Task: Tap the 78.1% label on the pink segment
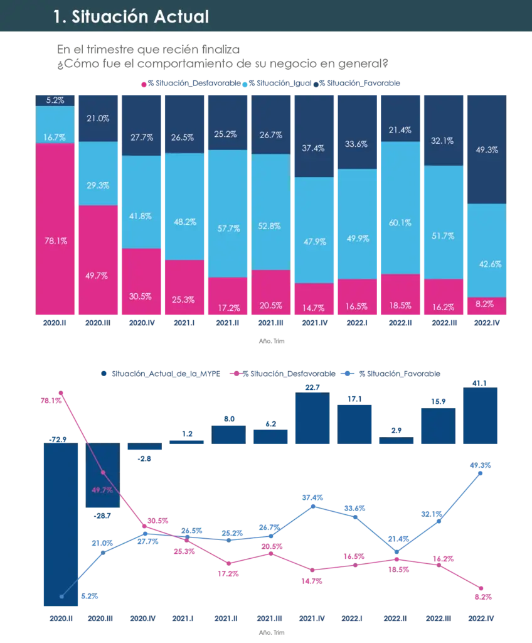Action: tap(55, 240)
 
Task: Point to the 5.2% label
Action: tap(55, 100)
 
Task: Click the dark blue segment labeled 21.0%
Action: tap(98, 118)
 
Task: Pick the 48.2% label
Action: tap(184, 222)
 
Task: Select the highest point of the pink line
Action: tap(61, 392)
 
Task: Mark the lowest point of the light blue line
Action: tap(61, 596)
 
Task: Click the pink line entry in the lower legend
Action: tap(237, 373)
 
